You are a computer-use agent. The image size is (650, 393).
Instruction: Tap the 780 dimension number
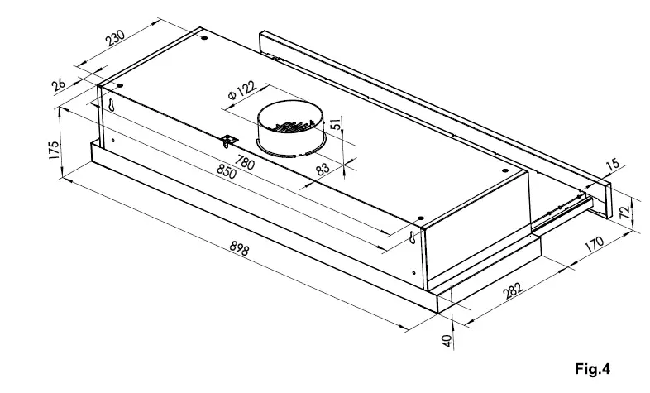pos(245,162)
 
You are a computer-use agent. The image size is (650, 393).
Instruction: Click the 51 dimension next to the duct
pos(335,124)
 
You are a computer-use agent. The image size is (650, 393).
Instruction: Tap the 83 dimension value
pos(323,167)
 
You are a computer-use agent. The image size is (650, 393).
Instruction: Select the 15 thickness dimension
pos(612,165)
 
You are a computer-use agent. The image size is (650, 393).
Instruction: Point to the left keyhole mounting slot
pos(110,106)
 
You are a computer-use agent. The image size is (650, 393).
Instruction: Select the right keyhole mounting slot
pos(412,238)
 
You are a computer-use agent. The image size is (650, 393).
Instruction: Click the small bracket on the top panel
pos(228,140)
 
